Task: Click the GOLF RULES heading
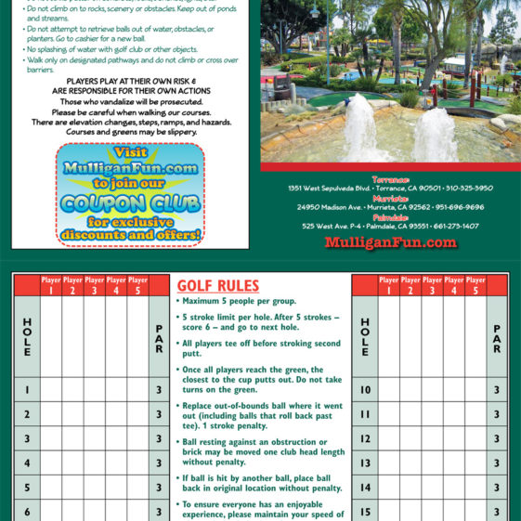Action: click(x=217, y=286)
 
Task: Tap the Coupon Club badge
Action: click(x=130, y=193)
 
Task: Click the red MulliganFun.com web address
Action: click(x=390, y=243)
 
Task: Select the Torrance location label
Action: click(x=390, y=178)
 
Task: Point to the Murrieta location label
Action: click(x=390, y=198)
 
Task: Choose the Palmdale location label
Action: click(x=390, y=216)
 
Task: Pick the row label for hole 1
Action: click(x=27, y=390)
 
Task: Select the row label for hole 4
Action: click(x=27, y=462)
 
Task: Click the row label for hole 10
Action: click(x=365, y=390)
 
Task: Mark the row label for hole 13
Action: click(x=365, y=462)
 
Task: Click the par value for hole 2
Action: click(x=159, y=414)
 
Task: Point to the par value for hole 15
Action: click(x=497, y=511)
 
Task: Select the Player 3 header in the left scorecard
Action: click(x=95, y=285)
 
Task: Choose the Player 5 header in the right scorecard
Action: click(x=475, y=285)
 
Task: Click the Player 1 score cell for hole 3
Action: click(x=51, y=438)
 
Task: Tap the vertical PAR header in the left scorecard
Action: click(x=159, y=339)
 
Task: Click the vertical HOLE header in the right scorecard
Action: click(x=365, y=338)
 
